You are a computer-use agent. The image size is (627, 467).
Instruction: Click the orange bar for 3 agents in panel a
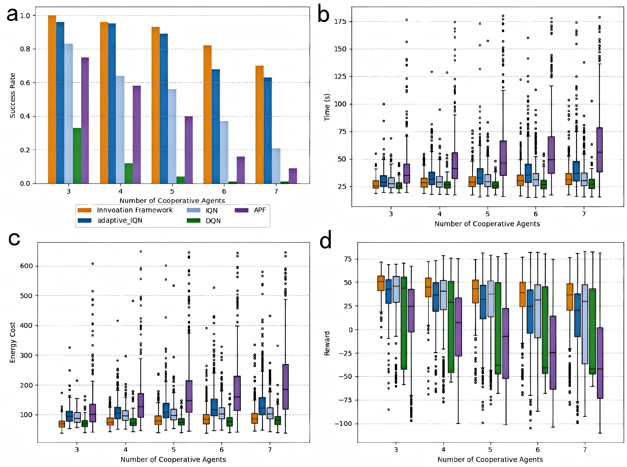(52, 99)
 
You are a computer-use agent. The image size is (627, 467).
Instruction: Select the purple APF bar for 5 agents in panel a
(189, 150)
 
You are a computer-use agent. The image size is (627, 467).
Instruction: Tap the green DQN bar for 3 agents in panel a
(77, 156)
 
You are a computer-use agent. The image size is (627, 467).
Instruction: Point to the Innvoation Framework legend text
(135, 210)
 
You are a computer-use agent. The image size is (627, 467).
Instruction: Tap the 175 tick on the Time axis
(340, 22)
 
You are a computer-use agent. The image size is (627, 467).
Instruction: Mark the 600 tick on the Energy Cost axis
(26, 266)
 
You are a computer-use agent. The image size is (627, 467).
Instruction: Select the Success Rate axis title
(12, 95)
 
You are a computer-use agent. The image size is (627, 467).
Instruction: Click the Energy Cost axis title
(12, 342)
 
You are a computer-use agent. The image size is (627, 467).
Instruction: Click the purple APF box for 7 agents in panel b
(599, 150)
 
